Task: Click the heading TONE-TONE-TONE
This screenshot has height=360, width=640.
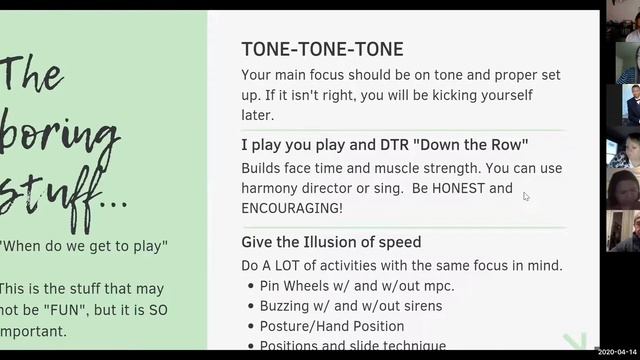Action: pos(322,50)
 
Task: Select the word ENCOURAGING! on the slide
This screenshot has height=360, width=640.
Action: pos(292,208)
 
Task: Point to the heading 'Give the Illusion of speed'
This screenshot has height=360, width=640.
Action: pos(331,242)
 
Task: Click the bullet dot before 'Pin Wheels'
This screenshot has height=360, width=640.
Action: pos(250,286)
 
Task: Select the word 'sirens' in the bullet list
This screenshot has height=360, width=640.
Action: pos(419,306)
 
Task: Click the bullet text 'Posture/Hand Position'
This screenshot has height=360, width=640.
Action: pos(332,326)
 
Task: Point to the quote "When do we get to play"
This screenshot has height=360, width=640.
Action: pos(84,246)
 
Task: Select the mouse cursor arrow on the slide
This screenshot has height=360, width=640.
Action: pos(526,196)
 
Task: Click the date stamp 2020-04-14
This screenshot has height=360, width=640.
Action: pos(616,353)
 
